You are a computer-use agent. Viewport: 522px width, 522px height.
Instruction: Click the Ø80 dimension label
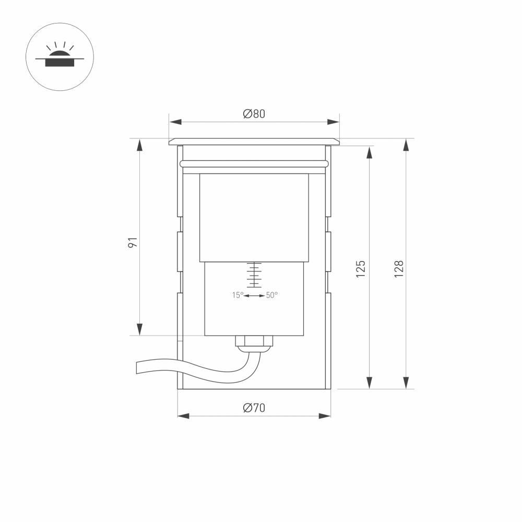(254, 114)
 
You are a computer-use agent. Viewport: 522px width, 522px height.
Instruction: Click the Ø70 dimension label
(254, 408)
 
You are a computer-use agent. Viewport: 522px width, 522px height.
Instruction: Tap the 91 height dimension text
(133, 242)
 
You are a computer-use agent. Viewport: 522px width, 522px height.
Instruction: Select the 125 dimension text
(361, 268)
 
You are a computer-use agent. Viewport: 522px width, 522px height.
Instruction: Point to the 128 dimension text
(399, 268)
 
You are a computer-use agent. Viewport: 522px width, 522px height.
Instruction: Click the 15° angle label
(238, 295)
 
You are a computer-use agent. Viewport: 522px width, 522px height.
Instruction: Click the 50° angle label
(272, 295)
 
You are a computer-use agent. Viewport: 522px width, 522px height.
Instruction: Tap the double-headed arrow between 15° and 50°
(255, 296)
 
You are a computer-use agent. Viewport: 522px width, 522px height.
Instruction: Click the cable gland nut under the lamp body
(254, 342)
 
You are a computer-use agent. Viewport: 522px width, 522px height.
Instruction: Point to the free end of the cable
(138, 367)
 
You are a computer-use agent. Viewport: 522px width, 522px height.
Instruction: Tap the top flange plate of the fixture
(254, 141)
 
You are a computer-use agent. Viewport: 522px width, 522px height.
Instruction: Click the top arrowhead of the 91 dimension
(139, 145)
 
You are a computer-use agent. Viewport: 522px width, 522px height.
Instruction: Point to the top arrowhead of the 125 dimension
(369, 152)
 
